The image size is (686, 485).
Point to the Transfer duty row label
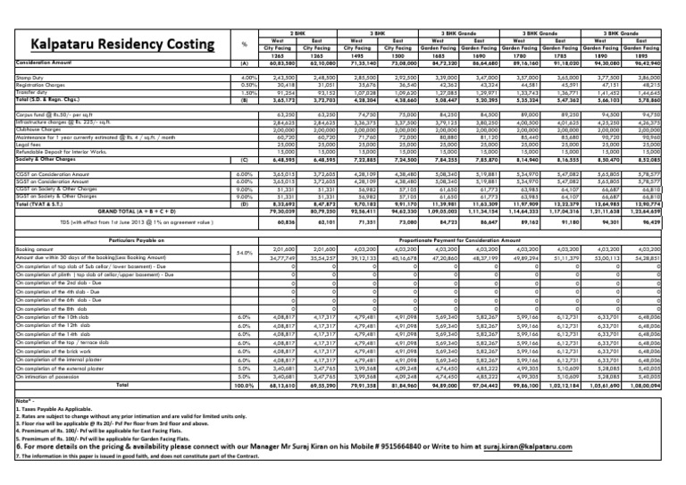click(27, 93)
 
